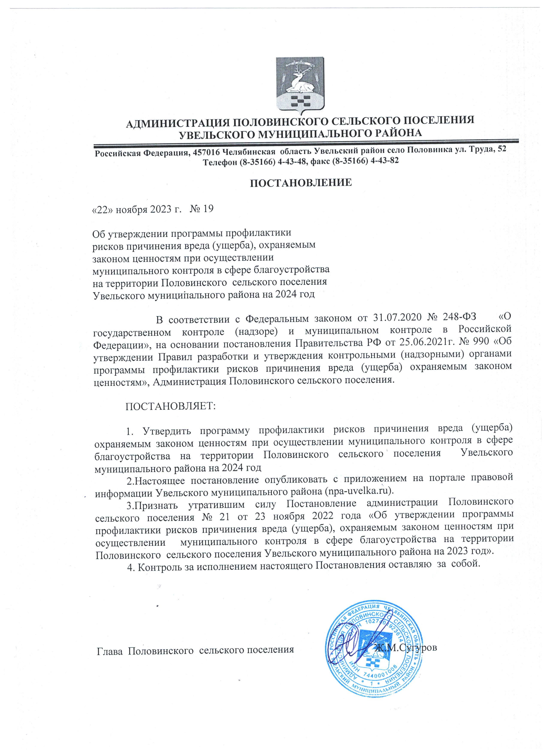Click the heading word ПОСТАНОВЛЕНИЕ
point(301,183)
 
